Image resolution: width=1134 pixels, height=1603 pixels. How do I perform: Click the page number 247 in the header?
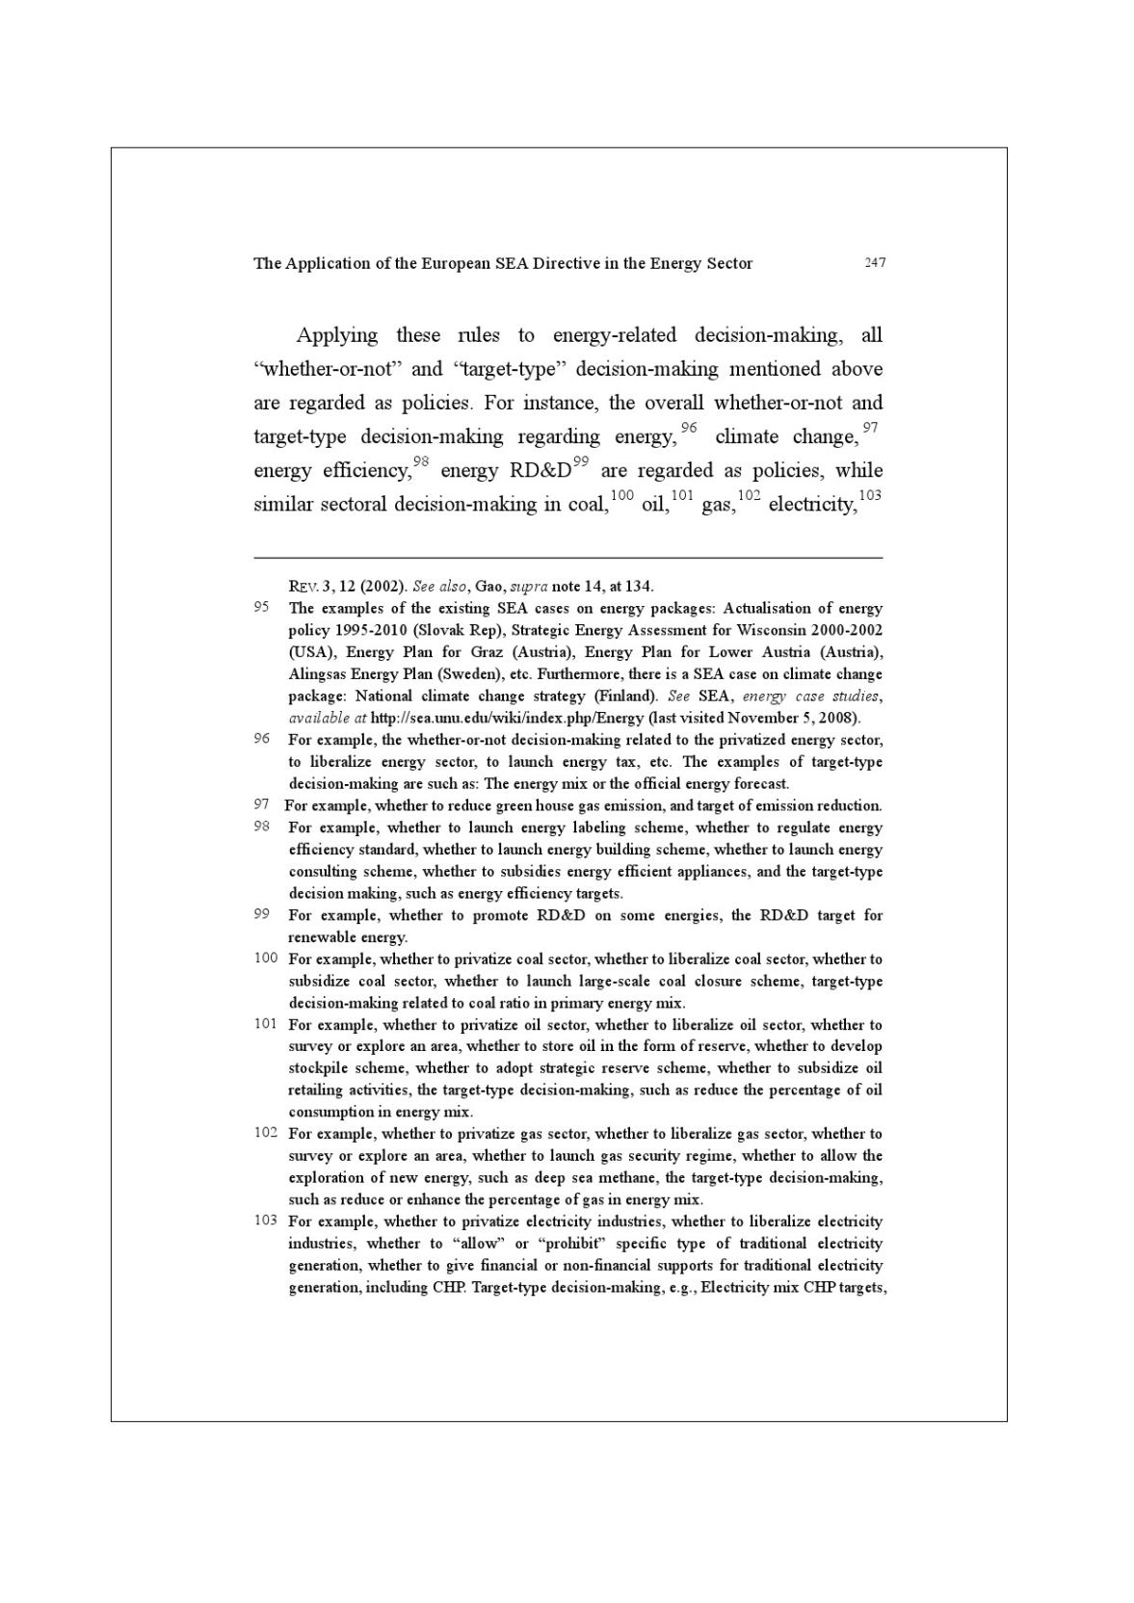pyautogui.click(x=875, y=262)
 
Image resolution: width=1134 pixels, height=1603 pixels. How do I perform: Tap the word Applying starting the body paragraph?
pyautogui.click(x=337, y=335)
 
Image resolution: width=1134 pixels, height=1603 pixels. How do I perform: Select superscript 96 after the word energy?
pyautogui.click(x=688, y=428)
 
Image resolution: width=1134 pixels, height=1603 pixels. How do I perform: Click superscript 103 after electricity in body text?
pyautogui.click(x=870, y=495)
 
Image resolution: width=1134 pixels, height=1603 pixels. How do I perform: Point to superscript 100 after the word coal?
pyautogui.click(x=622, y=495)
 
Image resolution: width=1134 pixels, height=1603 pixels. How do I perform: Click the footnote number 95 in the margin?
pyautogui.click(x=261, y=608)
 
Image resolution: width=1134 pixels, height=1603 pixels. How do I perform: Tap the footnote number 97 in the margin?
pyautogui.click(x=261, y=804)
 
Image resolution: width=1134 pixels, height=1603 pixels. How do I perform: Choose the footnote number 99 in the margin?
pyautogui.click(x=261, y=914)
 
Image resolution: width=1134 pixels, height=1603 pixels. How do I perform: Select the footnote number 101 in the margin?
pyautogui.click(x=266, y=1023)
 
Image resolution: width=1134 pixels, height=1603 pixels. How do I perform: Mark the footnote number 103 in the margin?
pyautogui.click(x=266, y=1220)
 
